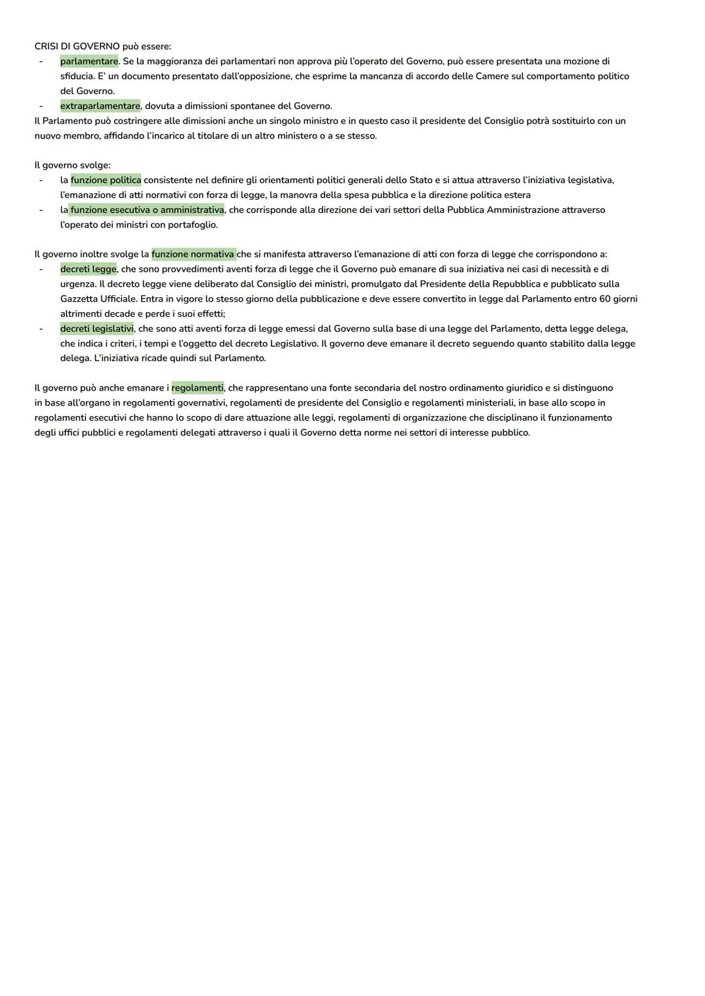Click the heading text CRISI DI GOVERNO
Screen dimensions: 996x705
(x=77, y=46)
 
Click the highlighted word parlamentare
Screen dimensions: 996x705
(x=89, y=61)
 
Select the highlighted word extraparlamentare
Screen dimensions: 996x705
(x=100, y=106)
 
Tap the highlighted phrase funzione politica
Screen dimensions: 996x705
(x=106, y=180)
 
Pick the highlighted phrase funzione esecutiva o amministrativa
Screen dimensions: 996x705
(x=147, y=210)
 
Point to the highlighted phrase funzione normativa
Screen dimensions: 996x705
(x=193, y=254)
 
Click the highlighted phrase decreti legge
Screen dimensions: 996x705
(x=88, y=269)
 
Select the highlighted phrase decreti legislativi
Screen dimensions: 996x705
(x=97, y=329)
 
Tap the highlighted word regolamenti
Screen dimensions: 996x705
(x=197, y=388)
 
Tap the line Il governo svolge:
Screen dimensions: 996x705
(x=72, y=165)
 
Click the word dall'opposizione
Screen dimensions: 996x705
(x=255, y=76)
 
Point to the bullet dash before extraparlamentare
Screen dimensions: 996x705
(x=40, y=106)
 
